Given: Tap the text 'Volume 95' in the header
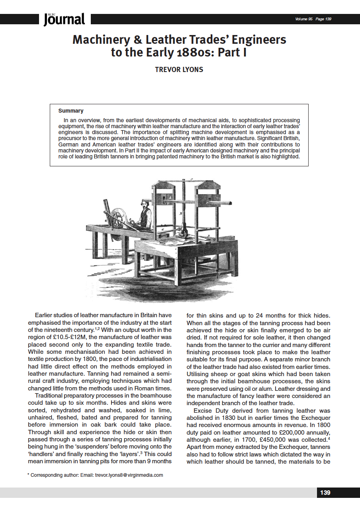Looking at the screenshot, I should pos(304,19).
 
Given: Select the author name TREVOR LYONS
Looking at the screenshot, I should pos(179,70).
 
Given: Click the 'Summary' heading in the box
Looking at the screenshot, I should pos(71,111).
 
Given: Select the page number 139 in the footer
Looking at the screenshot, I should pos(325,493).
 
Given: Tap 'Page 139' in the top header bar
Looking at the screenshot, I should pos(323,19).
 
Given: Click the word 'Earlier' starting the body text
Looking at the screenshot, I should pos(45,315).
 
